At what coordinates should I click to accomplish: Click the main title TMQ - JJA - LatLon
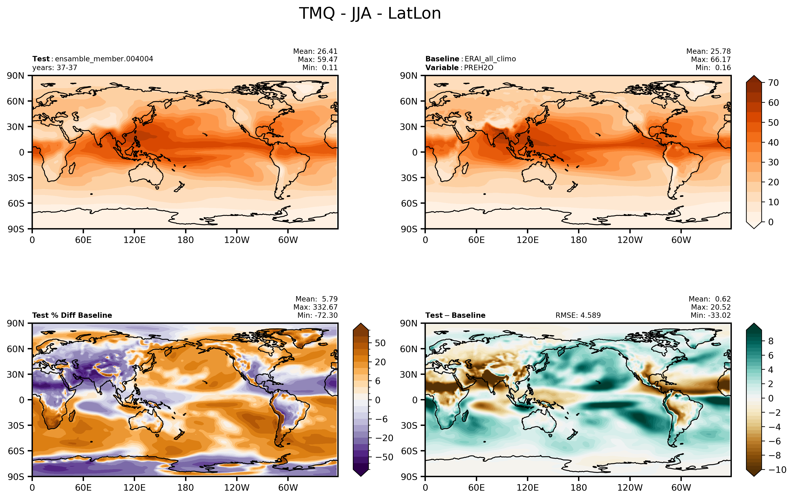tap(370, 14)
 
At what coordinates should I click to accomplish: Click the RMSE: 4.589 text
tap(578, 315)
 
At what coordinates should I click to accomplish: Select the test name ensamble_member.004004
tap(104, 59)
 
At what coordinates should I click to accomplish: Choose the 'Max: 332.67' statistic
tap(315, 307)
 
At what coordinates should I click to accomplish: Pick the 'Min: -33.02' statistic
tap(711, 315)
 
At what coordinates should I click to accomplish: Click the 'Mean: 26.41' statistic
tap(315, 51)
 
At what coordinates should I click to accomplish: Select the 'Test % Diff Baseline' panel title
tap(72, 315)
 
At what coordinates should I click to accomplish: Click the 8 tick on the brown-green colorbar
tap(771, 341)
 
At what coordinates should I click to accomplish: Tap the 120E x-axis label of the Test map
tap(134, 240)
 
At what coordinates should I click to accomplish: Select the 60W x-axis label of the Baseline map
tap(681, 240)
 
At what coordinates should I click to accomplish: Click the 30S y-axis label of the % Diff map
tap(16, 425)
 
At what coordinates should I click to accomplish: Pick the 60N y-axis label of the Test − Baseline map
tap(409, 349)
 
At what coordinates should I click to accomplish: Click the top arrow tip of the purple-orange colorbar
tap(361, 323)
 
